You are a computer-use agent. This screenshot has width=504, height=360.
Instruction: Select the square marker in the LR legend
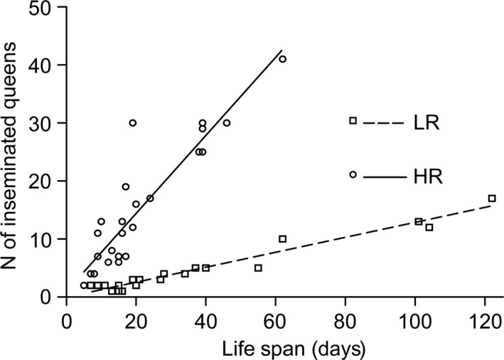[353, 120]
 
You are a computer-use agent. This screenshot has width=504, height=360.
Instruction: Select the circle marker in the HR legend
[353, 174]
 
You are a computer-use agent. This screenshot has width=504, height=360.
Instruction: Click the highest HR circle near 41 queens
[282, 59]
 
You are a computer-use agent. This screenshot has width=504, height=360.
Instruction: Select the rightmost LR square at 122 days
[491, 198]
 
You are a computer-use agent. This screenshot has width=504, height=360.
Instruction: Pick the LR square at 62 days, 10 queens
[282, 239]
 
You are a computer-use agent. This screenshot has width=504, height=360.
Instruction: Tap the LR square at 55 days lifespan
[258, 268]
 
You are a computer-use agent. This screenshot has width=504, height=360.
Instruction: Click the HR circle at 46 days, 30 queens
[227, 122]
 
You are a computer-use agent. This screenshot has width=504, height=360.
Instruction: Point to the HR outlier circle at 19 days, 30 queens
[132, 122]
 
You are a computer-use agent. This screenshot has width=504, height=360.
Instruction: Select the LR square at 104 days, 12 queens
[429, 227]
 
